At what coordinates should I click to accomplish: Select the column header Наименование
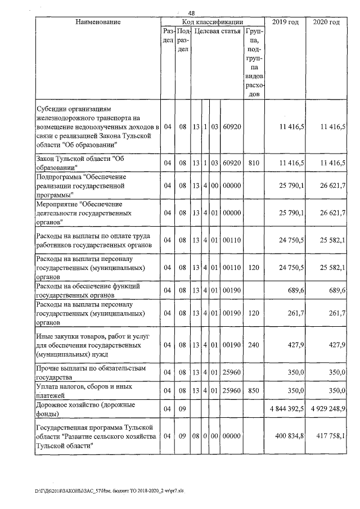pyautogui.click(x=97, y=22)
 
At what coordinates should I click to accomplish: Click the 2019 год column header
pyautogui.click(x=285, y=22)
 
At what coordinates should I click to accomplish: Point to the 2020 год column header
pyautogui.click(x=326, y=22)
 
